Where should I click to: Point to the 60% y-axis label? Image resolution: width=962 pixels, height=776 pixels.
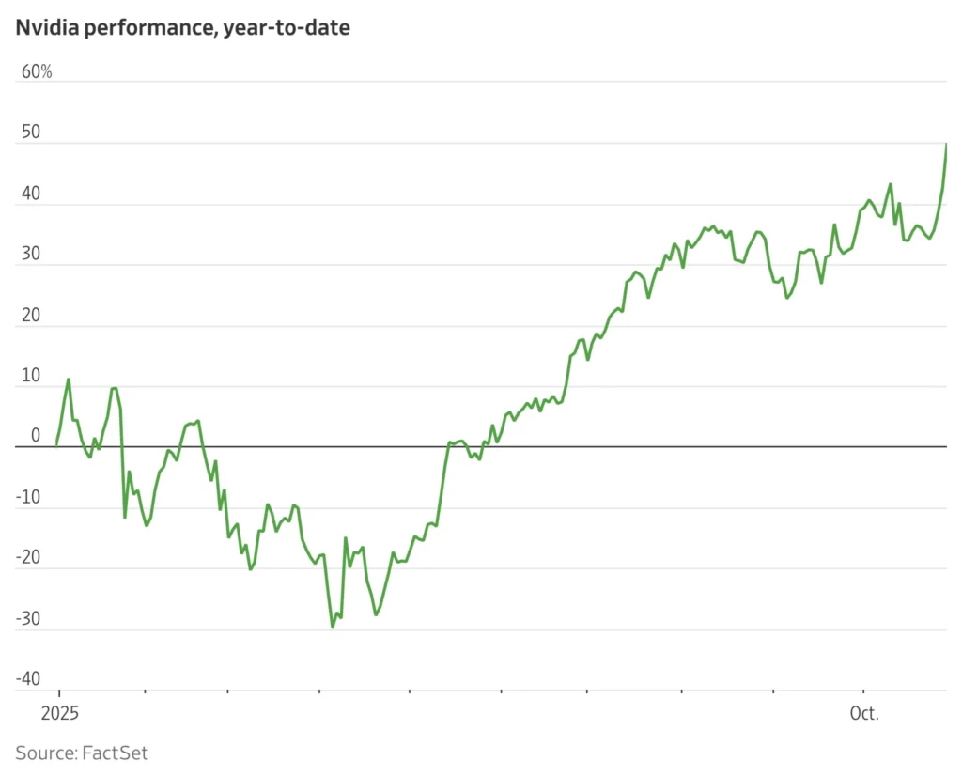(37, 72)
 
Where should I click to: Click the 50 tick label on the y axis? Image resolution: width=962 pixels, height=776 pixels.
(31, 132)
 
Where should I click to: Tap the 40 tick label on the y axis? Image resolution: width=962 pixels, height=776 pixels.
(31, 194)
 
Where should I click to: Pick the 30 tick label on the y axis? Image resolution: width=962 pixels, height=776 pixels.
(31, 254)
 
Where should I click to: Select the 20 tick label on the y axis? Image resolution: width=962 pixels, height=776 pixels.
(31, 315)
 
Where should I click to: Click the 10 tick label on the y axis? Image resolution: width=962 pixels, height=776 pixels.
(31, 376)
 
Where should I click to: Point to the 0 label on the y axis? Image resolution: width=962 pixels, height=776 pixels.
(36, 436)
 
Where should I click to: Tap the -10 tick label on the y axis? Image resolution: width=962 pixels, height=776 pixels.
(28, 497)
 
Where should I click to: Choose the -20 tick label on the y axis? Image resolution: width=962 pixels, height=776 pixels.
(28, 557)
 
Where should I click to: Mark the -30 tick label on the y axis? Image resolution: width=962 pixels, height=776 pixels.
(28, 618)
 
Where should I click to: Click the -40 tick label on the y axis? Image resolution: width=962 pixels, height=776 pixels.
(28, 679)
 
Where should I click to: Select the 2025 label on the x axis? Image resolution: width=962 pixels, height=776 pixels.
(57, 713)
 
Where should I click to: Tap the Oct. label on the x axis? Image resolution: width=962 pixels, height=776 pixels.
(863, 713)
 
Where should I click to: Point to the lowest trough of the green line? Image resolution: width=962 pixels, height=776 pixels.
(333, 626)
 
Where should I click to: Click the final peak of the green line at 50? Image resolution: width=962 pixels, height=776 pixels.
(946, 144)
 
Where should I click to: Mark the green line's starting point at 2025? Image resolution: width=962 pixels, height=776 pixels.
(56, 445)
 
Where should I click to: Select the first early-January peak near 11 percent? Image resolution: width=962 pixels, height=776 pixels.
(69, 380)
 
